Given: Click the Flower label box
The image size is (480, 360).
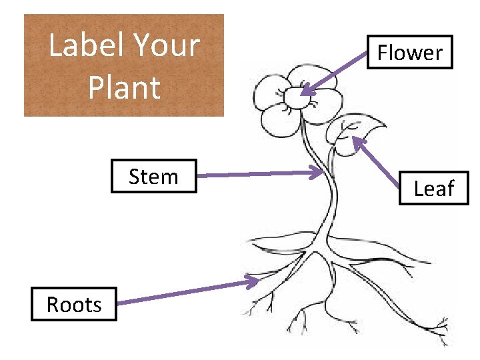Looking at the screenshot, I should [x=409, y=52].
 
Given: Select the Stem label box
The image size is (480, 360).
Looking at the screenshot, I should [x=153, y=177].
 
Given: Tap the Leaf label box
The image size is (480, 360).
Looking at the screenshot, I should [x=433, y=189].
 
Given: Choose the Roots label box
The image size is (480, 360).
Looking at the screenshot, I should [x=73, y=304].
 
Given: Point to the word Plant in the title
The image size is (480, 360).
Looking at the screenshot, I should [x=124, y=87].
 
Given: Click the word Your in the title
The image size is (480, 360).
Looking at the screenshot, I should [x=167, y=45].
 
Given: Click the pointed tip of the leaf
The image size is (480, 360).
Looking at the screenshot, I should [x=385, y=125].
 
